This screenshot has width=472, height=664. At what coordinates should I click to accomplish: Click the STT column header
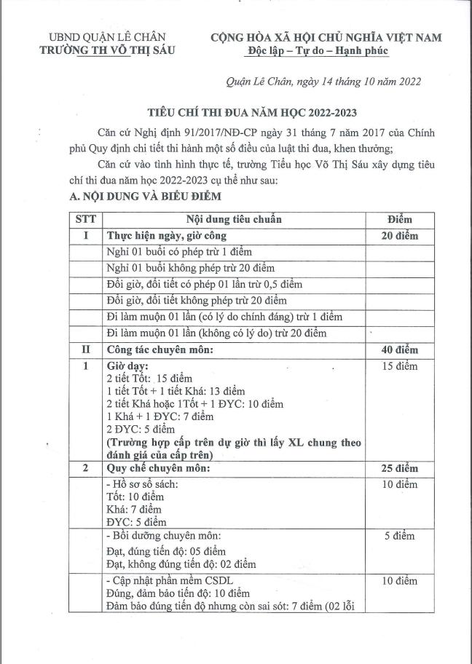click(85, 218)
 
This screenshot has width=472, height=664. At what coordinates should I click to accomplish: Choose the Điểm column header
click(399, 218)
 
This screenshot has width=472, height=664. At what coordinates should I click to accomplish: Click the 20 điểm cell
click(399, 235)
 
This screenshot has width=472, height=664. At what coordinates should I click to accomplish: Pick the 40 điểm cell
click(399, 349)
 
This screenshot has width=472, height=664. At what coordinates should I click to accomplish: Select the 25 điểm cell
click(399, 468)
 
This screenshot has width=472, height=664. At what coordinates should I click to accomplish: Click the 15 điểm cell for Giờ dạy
click(399, 366)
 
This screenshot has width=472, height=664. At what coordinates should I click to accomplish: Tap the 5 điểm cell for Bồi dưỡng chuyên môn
click(399, 537)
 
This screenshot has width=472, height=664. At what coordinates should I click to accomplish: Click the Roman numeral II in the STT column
click(85, 349)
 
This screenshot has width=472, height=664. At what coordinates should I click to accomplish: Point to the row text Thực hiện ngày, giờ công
click(167, 235)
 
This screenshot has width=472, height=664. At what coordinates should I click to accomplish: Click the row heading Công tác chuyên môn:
click(160, 349)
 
